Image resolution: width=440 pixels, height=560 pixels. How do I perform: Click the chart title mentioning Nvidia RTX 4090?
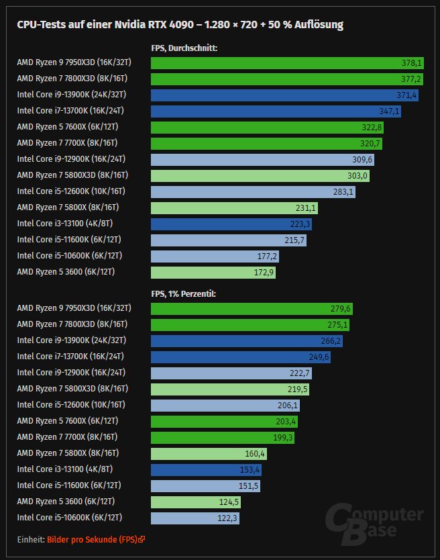coord(180,25)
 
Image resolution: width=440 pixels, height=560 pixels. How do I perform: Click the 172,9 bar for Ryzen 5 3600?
coord(213,273)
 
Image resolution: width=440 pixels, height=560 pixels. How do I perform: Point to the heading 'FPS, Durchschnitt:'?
coord(184,48)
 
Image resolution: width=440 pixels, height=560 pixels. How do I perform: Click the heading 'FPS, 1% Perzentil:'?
coord(183,293)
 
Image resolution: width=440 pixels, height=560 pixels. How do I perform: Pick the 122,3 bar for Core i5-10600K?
coord(195,518)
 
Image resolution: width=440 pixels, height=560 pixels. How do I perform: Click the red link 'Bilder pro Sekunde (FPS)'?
coord(93,539)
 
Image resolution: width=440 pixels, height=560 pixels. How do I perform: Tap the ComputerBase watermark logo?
coord(375,523)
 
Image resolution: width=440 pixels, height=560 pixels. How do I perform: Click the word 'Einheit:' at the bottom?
coord(31,539)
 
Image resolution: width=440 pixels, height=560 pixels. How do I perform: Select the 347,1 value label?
coord(390,111)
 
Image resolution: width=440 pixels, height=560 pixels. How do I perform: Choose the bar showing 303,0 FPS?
coord(260,176)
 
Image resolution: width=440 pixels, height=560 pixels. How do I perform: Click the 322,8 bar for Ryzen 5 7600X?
coord(268,128)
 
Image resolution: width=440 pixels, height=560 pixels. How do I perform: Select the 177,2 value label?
coord(267,256)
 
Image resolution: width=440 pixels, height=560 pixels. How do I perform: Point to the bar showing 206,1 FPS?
coord(225,406)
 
